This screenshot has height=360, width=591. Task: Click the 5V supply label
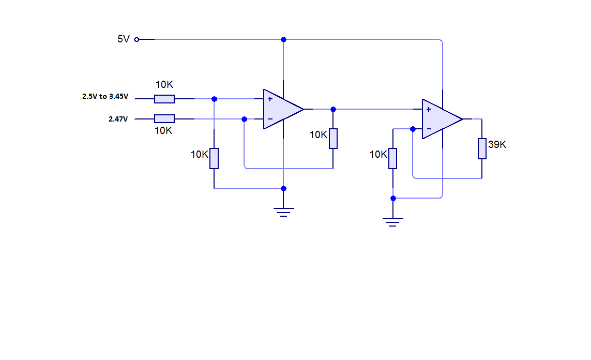pos(123,39)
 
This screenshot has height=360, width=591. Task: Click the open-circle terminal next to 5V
pos(137,39)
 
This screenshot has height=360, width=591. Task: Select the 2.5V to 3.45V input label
pos(105,96)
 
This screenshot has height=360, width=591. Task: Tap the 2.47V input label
pos(118,119)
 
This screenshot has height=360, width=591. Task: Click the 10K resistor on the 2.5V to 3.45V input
pos(164,99)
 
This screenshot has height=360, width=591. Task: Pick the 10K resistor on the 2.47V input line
pos(164,119)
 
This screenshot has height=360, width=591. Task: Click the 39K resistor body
pos(482,148)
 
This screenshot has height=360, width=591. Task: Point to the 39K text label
pos(497,145)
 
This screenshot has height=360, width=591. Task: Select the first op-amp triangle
pos(281,109)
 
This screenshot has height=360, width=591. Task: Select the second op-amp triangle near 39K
pos(440,119)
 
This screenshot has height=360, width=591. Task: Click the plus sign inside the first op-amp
pos(270,99)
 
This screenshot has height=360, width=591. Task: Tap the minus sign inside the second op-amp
pos(429,129)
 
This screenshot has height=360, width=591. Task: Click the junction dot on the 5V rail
pos(283,39)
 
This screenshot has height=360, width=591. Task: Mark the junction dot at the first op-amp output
pos(333,109)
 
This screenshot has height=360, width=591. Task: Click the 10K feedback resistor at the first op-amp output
pos(333,139)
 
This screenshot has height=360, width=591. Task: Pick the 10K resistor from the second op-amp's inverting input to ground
pos(393,158)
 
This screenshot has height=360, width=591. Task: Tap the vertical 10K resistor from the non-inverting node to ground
pos(214,158)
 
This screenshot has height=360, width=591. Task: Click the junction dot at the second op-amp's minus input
pos(413,129)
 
